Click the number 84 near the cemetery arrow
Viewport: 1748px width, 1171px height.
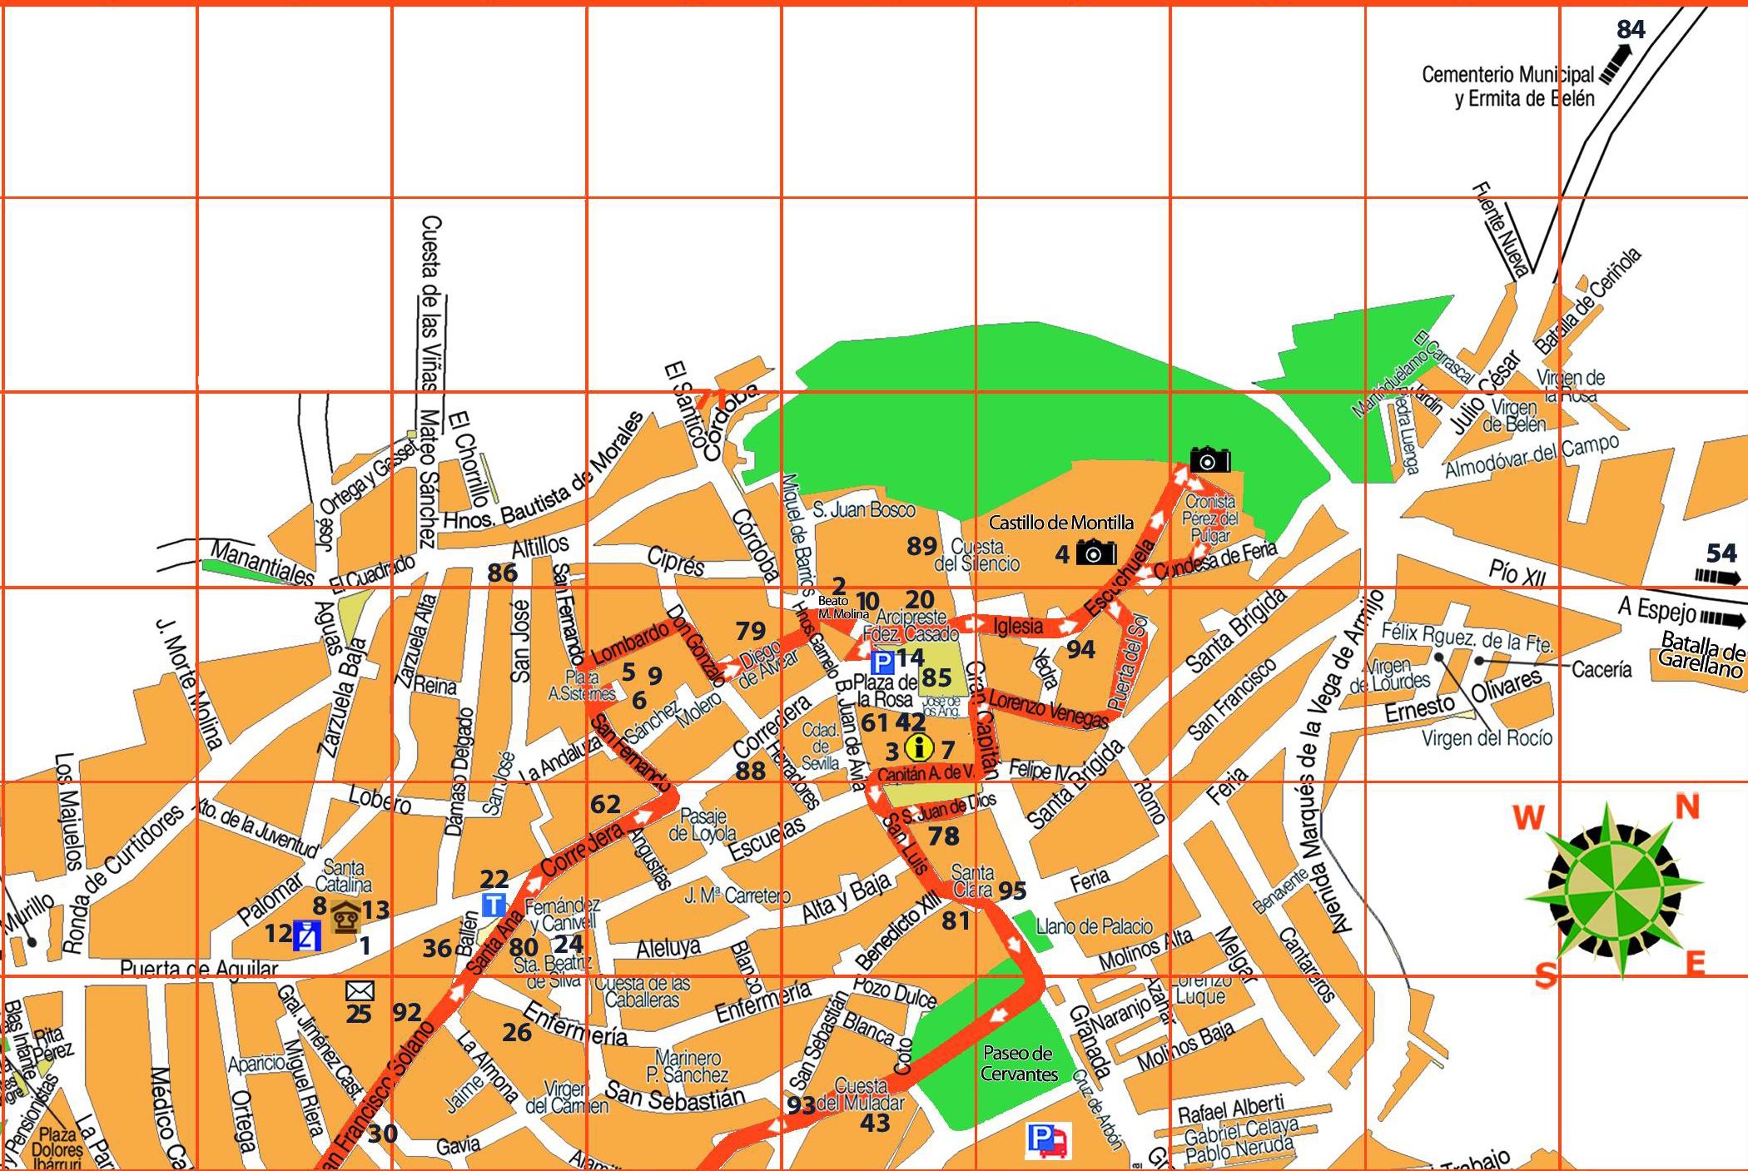[x=1631, y=30]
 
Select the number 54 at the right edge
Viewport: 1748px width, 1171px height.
[x=1721, y=553]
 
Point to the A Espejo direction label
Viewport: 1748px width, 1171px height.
[x=1656, y=611]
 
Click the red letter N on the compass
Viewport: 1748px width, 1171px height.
[x=1686, y=806]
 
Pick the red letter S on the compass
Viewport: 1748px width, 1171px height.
[x=1546, y=975]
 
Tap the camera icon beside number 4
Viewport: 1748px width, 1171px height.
[x=1096, y=552]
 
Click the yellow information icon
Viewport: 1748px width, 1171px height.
[x=918, y=748]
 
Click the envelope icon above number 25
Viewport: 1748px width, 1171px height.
[x=360, y=990]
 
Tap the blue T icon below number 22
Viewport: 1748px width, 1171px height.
[x=494, y=905]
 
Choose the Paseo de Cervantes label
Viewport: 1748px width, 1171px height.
[x=1018, y=1064]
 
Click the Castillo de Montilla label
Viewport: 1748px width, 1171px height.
[x=1060, y=523]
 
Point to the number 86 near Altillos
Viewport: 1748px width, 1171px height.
[x=502, y=573]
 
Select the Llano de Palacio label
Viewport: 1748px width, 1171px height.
[x=1095, y=925]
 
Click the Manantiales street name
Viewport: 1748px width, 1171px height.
[x=261, y=563]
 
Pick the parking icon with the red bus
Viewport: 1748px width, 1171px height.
[x=1049, y=1140]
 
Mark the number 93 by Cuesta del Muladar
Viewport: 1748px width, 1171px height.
[x=801, y=1105]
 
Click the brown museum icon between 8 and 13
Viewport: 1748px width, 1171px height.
[x=345, y=917]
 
